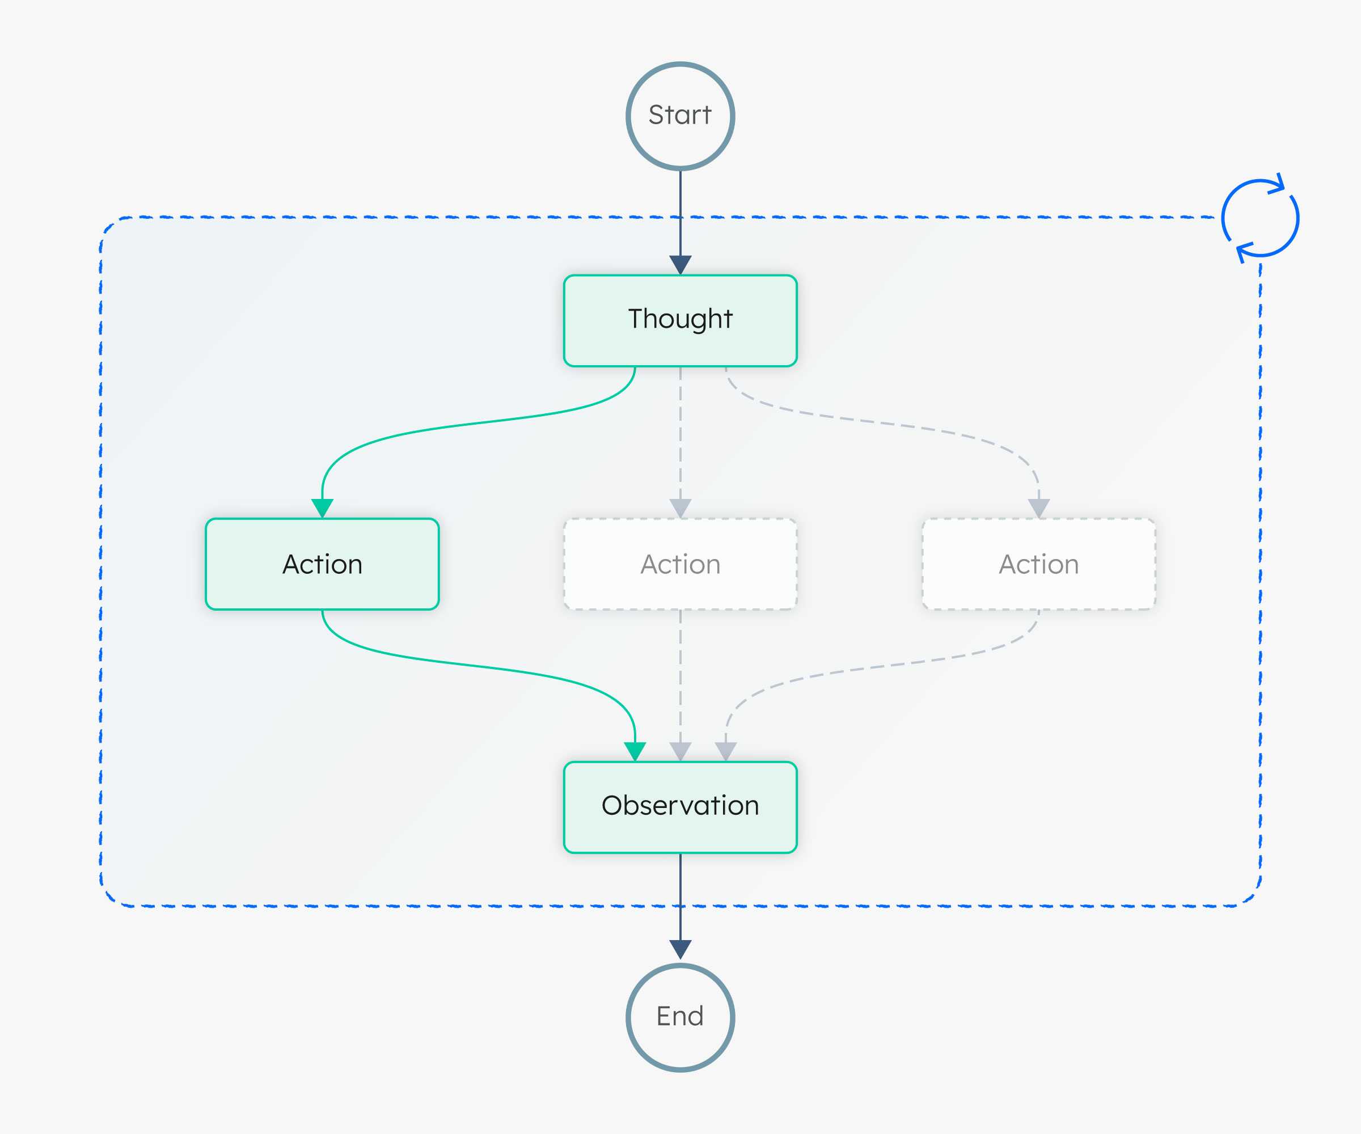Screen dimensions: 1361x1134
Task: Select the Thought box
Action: (x=681, y=321)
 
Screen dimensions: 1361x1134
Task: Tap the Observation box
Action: (x=681, y=807)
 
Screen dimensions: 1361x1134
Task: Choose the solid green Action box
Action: (x=322, y=564)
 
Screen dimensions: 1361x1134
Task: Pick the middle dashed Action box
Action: (x=681, y=564)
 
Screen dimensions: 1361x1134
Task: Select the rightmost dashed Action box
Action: (x=1039, y=564)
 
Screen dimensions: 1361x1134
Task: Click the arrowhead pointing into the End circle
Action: (x=681, y=949)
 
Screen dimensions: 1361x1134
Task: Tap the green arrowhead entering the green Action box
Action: (x=322, y=508)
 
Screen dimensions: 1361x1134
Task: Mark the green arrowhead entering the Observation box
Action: (x=635, y=752)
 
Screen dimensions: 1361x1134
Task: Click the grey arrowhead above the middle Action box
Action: (x=681, y=508)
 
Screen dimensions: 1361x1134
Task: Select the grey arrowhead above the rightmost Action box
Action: (x=1039, y=508)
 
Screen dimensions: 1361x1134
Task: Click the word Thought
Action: (x=681, y=319)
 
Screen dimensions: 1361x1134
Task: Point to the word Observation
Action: (x=681, y=806)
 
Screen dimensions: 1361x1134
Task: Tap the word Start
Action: (x=681, y=115)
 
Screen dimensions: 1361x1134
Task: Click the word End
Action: (x=680, y=1016)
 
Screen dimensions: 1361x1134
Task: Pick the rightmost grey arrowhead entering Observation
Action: (x=726, y=752)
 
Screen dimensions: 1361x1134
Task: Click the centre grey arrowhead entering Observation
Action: (x=681, y=752)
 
